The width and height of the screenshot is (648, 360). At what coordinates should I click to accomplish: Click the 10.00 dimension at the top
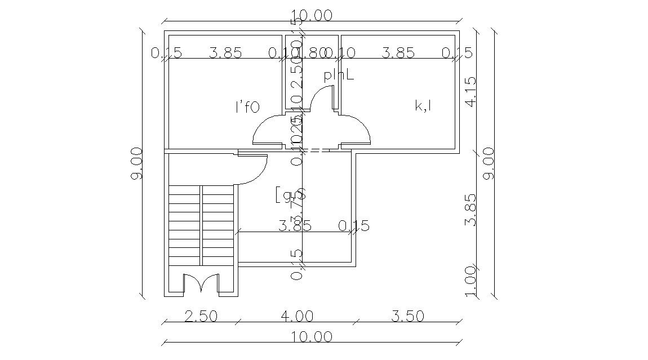click(312, 15)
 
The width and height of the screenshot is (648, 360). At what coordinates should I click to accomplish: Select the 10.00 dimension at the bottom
click(312, 336)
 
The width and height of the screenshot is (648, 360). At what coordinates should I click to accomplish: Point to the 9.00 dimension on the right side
click(488, 163)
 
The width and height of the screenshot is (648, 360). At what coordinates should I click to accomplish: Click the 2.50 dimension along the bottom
click(201, 316)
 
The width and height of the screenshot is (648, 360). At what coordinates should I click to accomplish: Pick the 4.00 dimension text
click(296, 316)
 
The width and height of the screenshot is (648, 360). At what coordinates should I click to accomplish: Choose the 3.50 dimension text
click(407, 316)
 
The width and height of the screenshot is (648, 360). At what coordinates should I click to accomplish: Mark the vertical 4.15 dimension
click(471, 91)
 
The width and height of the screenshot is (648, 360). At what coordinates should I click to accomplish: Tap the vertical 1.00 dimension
click(471, 281)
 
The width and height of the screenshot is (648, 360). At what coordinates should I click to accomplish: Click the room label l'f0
click(247, 106)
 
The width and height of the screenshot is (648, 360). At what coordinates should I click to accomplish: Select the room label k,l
click(423, 105)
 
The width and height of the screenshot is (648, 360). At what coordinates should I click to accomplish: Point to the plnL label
click(339, 75)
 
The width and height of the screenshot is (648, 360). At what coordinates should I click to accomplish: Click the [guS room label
click(290, 195)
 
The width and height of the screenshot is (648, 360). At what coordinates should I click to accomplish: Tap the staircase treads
click(201, 225)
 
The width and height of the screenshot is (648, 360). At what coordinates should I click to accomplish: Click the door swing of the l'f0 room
click(267, 130)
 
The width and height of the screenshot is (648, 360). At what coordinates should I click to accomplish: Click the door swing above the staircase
click(252, 169)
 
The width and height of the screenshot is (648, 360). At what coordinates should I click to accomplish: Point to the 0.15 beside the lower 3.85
click(354, 226)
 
